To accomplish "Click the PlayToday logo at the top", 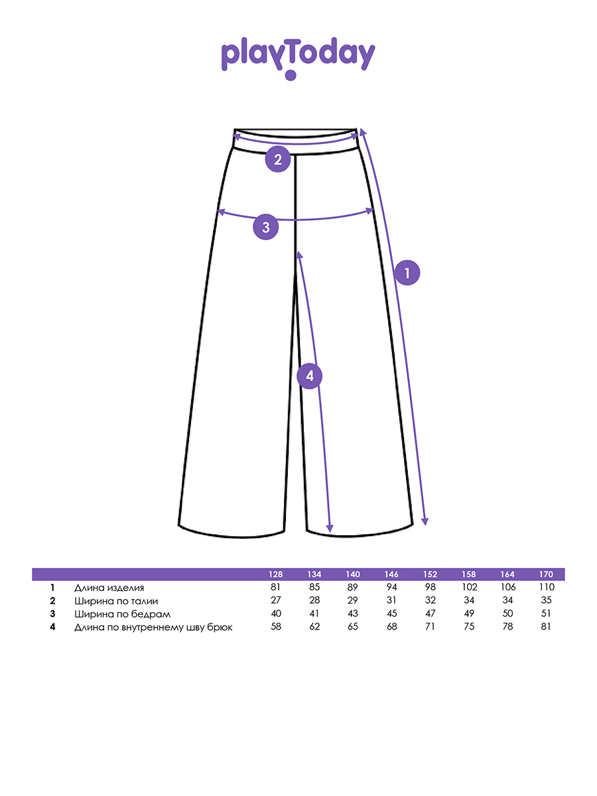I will (x=298, y=57).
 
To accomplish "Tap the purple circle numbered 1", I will (x=407, y=272).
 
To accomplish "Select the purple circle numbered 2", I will (x=278, y=159).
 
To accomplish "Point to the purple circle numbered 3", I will (x=266, y=228).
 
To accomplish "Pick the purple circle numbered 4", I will (x=310, y=377).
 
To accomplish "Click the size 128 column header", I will (x=276, y=574).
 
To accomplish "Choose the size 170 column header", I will (x=546, y=574).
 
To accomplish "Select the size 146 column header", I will (x=391, y=574).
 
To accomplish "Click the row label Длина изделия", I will (x=109, y=588).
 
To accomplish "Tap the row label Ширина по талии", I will (x=116, y=601).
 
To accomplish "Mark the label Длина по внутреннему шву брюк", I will (x=153, y=627).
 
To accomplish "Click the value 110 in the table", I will (x=546, y=588).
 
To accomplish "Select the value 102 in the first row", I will (x=469, y=588).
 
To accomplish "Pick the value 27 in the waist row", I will (x=276, y=601).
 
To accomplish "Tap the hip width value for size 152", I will (x=430, y=614).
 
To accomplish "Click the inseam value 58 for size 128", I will (x=276, y=627).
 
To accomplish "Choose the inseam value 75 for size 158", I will (x=469, y=627).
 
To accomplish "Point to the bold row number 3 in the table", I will (x=52, y=614).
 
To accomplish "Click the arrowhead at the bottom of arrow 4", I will (x=330, y=529).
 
